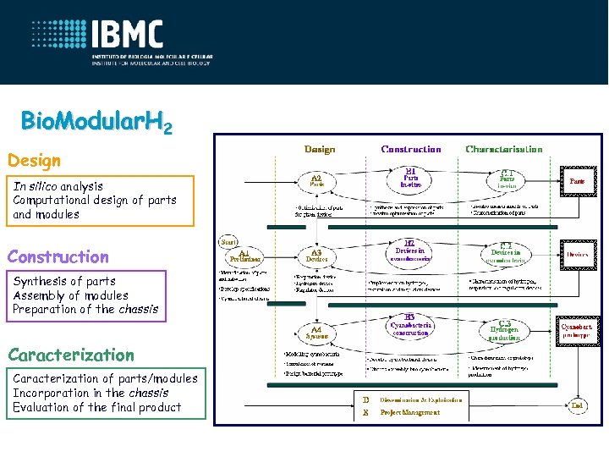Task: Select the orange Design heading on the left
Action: coord(35,160)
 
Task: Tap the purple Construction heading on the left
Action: coord(58,256)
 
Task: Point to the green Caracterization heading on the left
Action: coord(71,355)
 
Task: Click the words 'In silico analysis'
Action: coord(58,186)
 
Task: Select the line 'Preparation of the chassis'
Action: coord(85,309)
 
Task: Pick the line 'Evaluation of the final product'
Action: coord(97,407)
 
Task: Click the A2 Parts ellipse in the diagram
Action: coord(316,180)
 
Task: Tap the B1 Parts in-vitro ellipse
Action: coord(410,179)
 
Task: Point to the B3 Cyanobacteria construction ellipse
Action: coord(410,327)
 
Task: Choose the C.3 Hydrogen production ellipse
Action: coord(506,328)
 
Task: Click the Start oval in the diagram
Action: coord(229,240)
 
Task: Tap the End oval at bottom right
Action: coord(577,405)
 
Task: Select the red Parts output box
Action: coord(577,180)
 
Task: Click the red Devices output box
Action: coord(577,254)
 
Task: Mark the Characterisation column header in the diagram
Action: coord(504,149)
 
